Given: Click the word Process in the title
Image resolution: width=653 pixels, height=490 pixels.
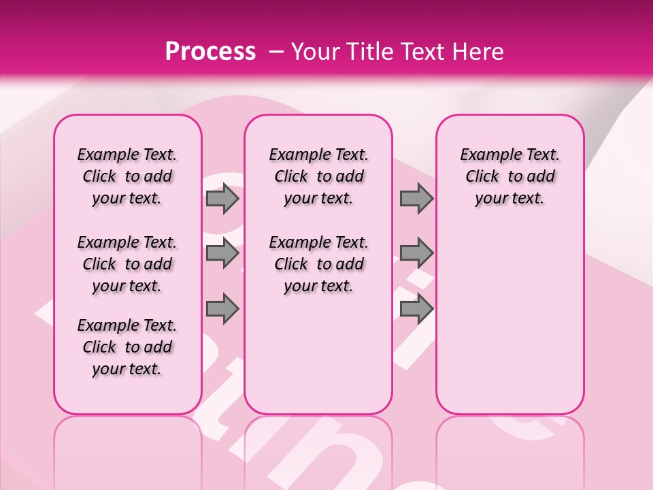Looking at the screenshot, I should tap(210, 51).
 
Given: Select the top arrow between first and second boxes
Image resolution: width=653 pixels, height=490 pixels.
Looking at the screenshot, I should tap(222, 199).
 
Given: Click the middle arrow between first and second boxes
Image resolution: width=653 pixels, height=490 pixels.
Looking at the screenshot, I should tap(222, 254).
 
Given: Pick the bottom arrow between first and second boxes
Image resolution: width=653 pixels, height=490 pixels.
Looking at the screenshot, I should tap(222, 308).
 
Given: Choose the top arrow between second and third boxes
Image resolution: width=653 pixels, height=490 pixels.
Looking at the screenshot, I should tap(416, 199).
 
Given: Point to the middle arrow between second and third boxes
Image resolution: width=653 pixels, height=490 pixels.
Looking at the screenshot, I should tap(416, 254).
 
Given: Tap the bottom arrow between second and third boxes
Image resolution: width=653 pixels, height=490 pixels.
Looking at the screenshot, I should tap(416, 308).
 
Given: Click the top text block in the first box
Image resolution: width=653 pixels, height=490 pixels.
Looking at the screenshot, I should tap(127, 177).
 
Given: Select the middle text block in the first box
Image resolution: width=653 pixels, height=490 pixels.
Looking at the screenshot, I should tap(127, 264).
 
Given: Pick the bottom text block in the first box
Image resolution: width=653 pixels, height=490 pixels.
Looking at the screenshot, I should tap(127, 347).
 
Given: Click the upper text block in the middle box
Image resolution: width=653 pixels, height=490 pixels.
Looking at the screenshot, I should tap(318, 177).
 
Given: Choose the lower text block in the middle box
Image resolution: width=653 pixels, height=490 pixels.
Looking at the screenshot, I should tap(318, 264).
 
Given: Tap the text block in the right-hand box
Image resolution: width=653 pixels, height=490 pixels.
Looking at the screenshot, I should tap(509, 177).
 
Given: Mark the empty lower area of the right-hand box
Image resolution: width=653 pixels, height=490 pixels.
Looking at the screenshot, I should tap(509, 320).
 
